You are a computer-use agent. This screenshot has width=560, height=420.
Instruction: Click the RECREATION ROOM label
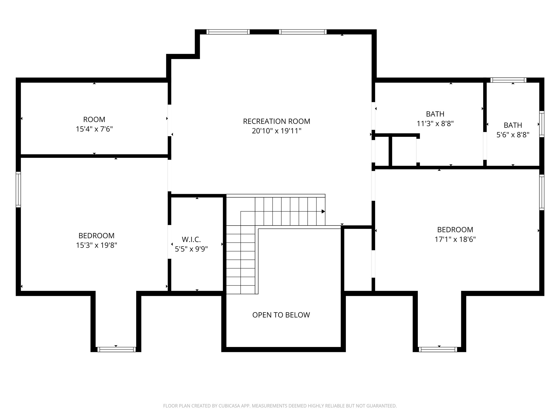pyautogui.click(x=276, y=121)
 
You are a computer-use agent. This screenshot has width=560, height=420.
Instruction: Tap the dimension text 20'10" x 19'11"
pyautogui.click(x=276, y=131)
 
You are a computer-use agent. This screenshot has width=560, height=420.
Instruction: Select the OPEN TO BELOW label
pyautogui.click(x=281, y=315)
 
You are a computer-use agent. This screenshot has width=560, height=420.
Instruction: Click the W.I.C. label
pyautogui.click(x=191, y=240)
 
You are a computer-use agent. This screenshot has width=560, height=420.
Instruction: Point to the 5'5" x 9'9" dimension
pyautogui.click(x=191, y=249)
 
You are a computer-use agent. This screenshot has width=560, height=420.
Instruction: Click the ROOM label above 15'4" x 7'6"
pyautogui.click(x=94, y=119)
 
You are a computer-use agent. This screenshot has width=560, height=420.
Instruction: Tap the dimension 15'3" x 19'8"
pyautogui.click(x=97, y=245)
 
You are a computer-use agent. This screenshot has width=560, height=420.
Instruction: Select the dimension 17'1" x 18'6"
pyautogui.click(x=455, y=239)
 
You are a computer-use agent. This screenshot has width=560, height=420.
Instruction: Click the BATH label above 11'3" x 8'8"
pyautogui.click(x=435, y=114)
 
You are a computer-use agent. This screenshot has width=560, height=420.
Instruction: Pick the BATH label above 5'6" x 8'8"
pyautogui.click(x=513, y=125)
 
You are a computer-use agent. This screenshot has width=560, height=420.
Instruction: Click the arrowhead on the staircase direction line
pyautogui.click(x=323, y=211)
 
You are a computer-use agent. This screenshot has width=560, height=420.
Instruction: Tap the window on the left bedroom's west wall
pyautogui.click(x=18, y=189)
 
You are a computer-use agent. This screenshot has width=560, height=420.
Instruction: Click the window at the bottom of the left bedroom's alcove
pyautogui.click(x=116, y=349)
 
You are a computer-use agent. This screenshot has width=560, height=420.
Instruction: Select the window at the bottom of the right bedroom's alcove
pyautogui.click(x=438, y=349)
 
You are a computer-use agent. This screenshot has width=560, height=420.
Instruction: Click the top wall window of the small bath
pyautogui.click(x=508, y=80)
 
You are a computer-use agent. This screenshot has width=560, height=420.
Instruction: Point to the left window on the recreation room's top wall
pyautogui.click(x=228, y=32)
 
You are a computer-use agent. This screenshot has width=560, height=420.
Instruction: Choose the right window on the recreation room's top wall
pyautogui.click(x=303, y=32)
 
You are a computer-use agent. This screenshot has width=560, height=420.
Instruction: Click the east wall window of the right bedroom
pyautogui.click(x=542, y=192)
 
